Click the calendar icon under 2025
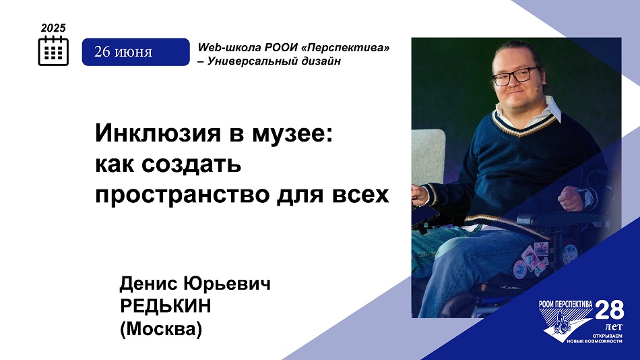pyautogui.click(x=53, y=51)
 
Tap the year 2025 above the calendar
pyautogui.click(x=53, y=28)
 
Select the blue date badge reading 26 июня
pyautogui.click(x=136, y=52)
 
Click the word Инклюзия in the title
pyautogui.click(x=159, y=133)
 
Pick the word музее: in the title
pyautogui.click(x=292, y=134)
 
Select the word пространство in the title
pyautogui.click(x=183, y=195)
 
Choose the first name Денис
pyautogui.click(x=149, y=284)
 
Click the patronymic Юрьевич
pyautogui.click(x=227, y=284)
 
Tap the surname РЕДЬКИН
pyautogui.click(x=165, y=305)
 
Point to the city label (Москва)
pyautogui.click(x=161, y=329)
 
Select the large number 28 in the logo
pyautogui.click(x=610, y=310)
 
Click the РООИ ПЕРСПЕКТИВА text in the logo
pyautogui.click(x=565, y=304)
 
